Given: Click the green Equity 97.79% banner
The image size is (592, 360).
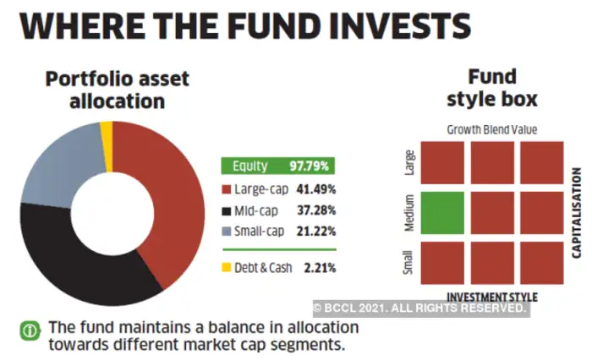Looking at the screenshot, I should click(277, 166).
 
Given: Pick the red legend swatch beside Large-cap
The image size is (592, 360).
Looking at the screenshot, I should click(226, 188).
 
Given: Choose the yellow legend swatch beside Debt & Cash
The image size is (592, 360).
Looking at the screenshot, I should click(226, 269).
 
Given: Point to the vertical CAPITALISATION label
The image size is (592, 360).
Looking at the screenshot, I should click(578, 212).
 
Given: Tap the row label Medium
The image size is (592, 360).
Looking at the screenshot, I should click(408, 214).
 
